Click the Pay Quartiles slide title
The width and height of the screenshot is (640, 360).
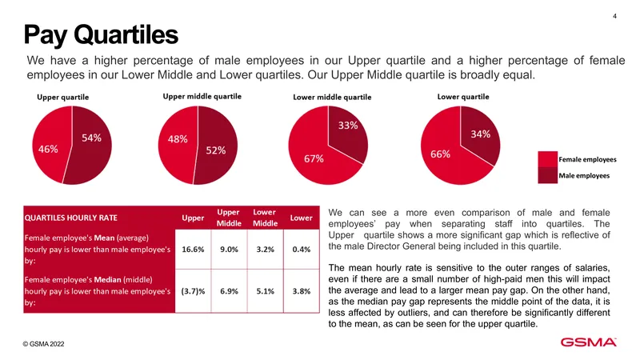(x=101, y=34)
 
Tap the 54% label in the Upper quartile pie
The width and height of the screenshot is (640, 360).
(x=91, y=138)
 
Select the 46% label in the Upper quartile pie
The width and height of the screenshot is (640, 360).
(x=48, y=149)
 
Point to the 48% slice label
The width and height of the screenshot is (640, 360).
(x=178, y=139)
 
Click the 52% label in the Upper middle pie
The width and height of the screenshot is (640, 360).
(x=215, y=150)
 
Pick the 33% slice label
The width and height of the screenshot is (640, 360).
(x=348, y=126)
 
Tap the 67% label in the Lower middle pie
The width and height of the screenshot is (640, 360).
(x=314, y=158)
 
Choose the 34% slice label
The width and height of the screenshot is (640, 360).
(x=481, y=134)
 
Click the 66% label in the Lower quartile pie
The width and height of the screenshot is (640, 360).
(x=441, y=154)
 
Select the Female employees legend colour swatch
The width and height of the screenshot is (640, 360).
(x=548, y=159)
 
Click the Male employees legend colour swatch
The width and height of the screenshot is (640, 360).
(x=548, y=175)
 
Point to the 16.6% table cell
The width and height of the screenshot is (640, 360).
(x=193, y=250)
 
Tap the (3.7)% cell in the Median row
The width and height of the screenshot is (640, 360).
(x=193, y=291)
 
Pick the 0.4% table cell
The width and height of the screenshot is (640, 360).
(x=302, y=250)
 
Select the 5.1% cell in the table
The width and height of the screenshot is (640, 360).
(x=266, y=291)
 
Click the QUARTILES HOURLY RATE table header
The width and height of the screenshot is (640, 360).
(x=71, y=218)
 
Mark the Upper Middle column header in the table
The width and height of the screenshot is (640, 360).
(x=229, y=218)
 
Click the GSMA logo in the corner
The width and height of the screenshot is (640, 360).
(x=588, y=342)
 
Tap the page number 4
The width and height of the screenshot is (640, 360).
(x=614, y=16)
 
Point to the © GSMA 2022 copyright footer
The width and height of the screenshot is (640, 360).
(x=44, y=344)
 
